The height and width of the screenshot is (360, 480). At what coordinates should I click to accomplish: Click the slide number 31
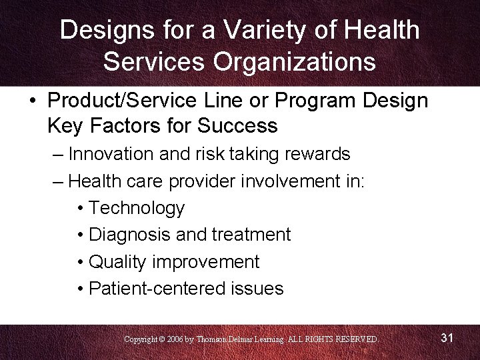coord(447,338)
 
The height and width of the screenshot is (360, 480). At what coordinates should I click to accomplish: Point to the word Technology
coord(137,208)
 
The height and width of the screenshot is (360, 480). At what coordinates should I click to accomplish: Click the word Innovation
coord(111,154)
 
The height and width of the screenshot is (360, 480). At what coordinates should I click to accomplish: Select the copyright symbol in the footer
coord(162,339)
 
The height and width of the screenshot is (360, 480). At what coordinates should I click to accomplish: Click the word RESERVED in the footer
coord(354,339)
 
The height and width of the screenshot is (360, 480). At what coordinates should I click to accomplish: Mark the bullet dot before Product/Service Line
coord(33,101)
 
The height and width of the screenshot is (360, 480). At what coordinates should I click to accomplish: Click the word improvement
coord(206,262)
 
